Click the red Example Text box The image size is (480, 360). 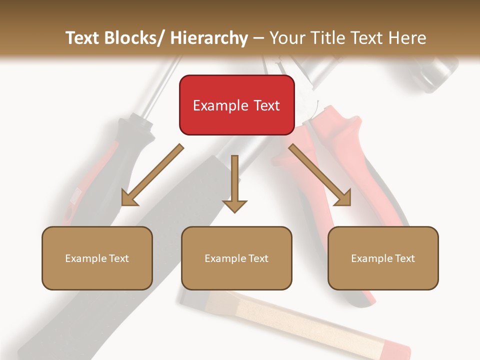pyautogui.click(x=236, y=105)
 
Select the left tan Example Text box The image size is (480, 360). pyautogui.click(x=97, y=258)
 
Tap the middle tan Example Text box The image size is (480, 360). pyautogui.click(x=236, y=258)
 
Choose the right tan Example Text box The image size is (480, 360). pyautogui.click(x=383, y=258)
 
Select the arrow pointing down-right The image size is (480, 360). pyautogui.click(x=320, y=175)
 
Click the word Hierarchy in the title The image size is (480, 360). pyautogui.click(x=209, y=38)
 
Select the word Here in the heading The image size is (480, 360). pyautogui.click(x=407, y=38)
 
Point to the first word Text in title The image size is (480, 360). pyautogui.click(x=82, y=38)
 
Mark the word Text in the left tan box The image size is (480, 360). pyautogui.click(x=118, y=258)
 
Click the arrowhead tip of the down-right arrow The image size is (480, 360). pyautogui.click(x=349, y=204)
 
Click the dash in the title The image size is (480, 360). pyautogui.click(x=258, y=38)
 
